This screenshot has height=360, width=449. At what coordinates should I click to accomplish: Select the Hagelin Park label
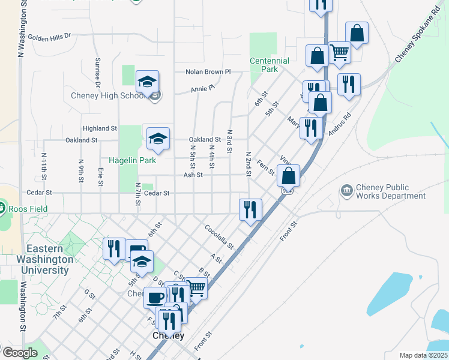tap(132, 160)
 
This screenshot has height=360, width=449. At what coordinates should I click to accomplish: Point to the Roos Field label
tap(28, 209)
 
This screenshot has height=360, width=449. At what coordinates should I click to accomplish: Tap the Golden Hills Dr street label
tap(49, 36)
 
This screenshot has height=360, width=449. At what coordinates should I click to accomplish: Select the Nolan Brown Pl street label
tap(208, 71)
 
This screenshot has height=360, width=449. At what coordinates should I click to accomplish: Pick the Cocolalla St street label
tap(218, 236)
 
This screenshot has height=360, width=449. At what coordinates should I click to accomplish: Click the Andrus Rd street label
tap(339, 125)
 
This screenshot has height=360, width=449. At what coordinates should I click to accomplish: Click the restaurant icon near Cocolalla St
tap(250, 209)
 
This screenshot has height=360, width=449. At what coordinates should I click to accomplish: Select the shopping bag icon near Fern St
tap(289, 176)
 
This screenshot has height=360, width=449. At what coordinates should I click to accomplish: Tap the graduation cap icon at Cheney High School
tap(147, 81)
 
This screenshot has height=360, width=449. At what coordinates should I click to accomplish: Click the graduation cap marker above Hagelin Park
tap(158, 139)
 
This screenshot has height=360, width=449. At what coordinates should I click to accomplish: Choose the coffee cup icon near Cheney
tap(155, 297)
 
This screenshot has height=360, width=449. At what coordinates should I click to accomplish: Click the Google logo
tap(20, 353)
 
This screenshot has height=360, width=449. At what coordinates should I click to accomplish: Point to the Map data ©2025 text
tap(423, 355)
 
